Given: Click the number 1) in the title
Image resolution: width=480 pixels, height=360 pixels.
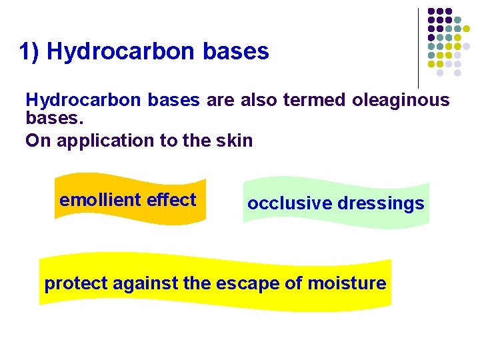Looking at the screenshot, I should click(30, 51).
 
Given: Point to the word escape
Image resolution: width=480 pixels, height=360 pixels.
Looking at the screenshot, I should click(247, 283).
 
